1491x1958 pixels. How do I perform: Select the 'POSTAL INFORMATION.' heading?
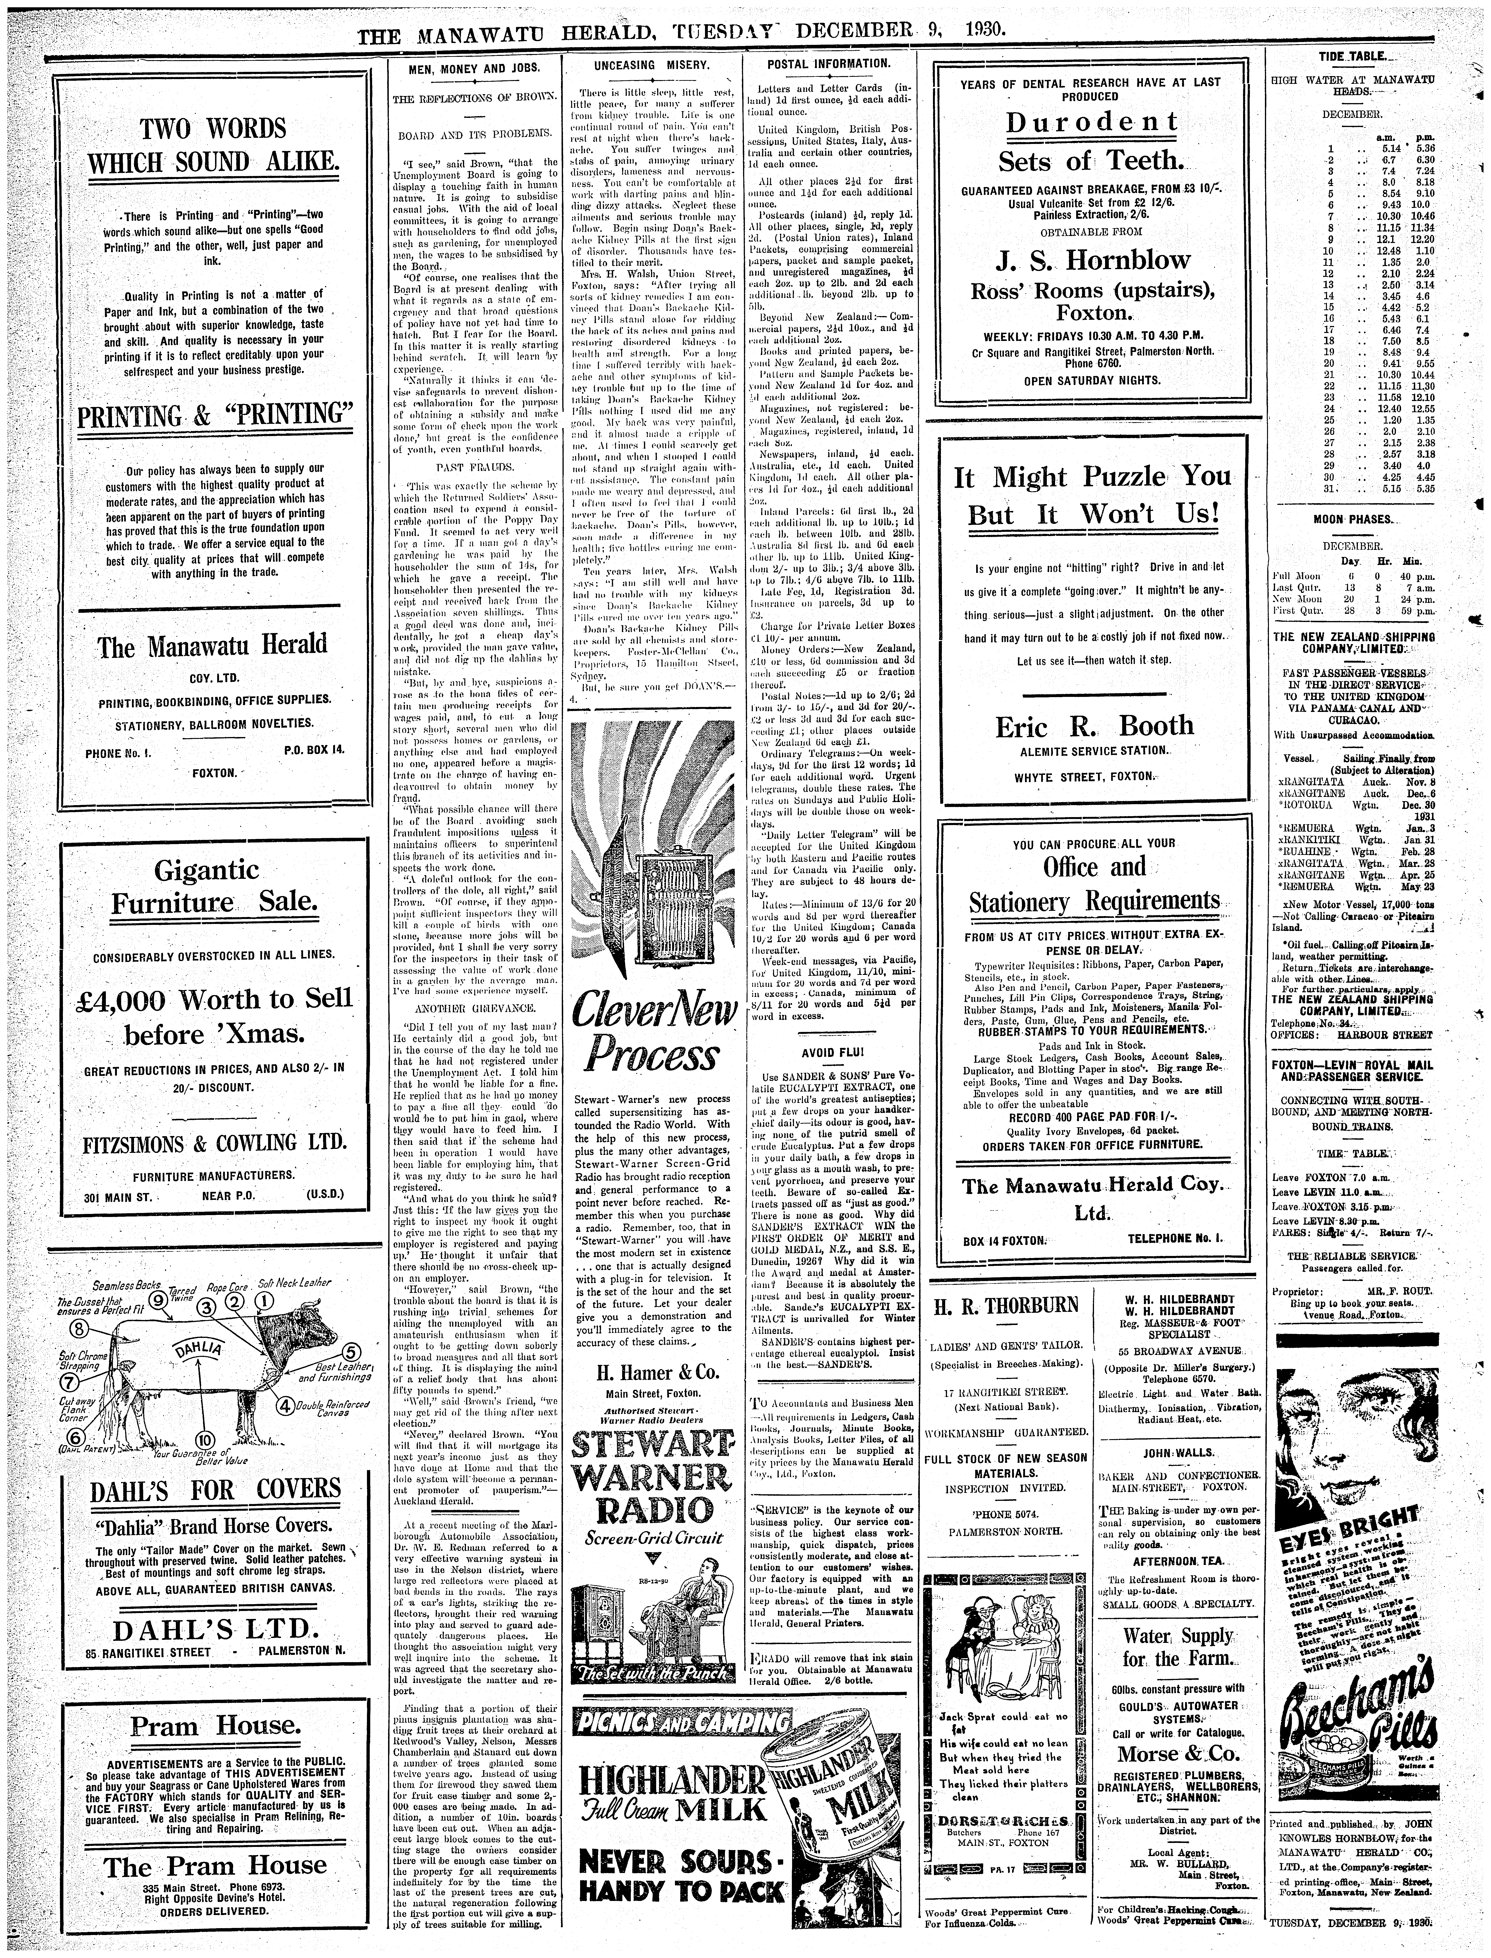point(827,64)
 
